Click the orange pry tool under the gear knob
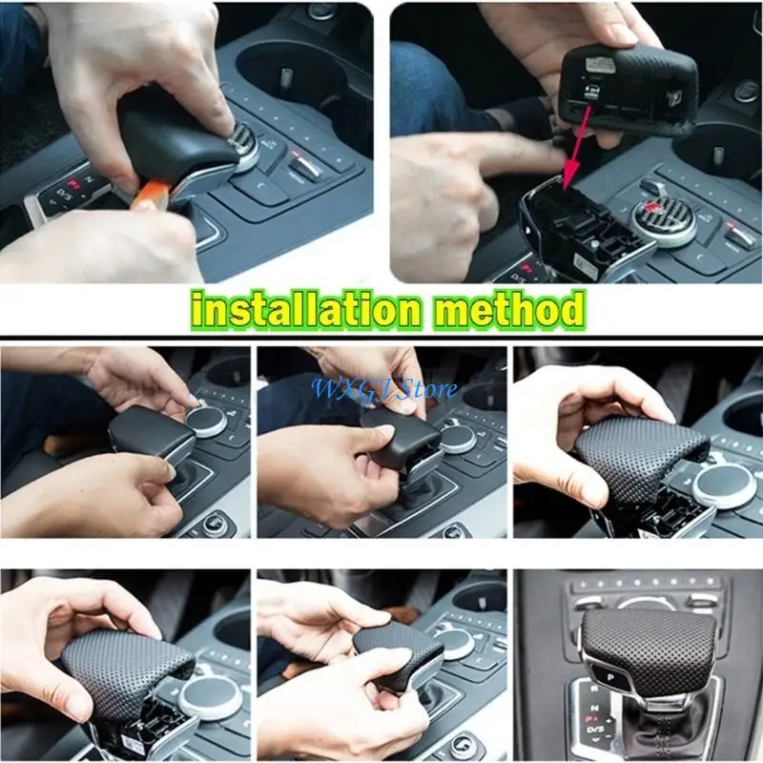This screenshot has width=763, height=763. pyautogui.click(x=152, y=197)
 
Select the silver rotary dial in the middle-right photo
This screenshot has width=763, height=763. pyautogui.click(x=722, y=484)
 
